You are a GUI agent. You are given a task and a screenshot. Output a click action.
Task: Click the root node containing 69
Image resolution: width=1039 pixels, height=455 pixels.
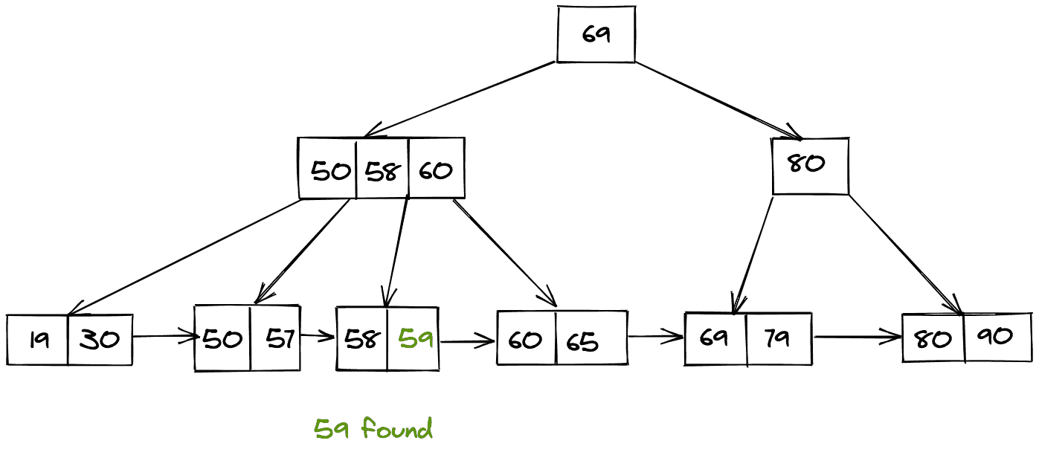596,34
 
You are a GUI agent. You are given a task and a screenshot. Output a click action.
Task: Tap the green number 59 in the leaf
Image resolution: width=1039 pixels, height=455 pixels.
416,340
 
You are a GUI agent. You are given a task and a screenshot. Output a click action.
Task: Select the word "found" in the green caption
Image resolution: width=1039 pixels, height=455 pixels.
396,429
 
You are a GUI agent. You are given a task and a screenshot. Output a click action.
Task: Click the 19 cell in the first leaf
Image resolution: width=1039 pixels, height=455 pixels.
38,341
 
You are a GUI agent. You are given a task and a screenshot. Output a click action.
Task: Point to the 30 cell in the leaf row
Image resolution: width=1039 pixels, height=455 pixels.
100,341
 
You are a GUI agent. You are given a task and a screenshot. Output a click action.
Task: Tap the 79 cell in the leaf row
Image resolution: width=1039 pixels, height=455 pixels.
778,338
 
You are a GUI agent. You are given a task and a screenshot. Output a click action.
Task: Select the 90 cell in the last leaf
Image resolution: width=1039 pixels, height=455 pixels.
997,337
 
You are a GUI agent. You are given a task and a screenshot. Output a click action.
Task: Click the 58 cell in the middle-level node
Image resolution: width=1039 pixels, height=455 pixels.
382,170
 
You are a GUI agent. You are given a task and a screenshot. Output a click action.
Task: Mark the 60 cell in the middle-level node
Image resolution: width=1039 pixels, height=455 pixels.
436,170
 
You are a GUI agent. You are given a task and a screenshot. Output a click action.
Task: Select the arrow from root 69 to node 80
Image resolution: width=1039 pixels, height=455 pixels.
718,100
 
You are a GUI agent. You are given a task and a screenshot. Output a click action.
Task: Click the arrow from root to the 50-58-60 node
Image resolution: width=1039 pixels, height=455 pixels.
461,100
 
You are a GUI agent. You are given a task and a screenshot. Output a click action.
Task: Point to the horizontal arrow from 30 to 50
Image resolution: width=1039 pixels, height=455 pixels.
164,337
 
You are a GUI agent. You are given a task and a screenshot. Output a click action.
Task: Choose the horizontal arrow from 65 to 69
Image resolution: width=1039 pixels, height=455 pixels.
655,337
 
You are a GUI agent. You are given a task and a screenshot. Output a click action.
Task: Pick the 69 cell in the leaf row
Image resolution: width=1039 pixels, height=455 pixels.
715,338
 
